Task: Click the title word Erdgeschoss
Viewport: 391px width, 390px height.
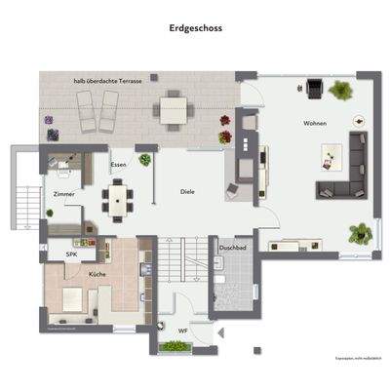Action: click(195, 29)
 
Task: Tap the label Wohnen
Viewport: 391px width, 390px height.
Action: click(314, 124)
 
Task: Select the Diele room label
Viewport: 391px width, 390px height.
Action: click(188, 192)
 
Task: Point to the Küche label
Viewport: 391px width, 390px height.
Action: click(98, 275)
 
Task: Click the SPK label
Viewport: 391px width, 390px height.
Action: click(71, 254)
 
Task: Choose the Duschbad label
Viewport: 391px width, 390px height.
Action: click(233, 250)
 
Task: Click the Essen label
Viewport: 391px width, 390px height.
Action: click(118, 164)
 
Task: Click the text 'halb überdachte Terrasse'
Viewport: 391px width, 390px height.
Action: click(107, 81)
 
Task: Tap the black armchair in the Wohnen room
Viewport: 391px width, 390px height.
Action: click(314, 89)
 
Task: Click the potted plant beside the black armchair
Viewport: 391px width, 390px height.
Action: click(341, 91)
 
